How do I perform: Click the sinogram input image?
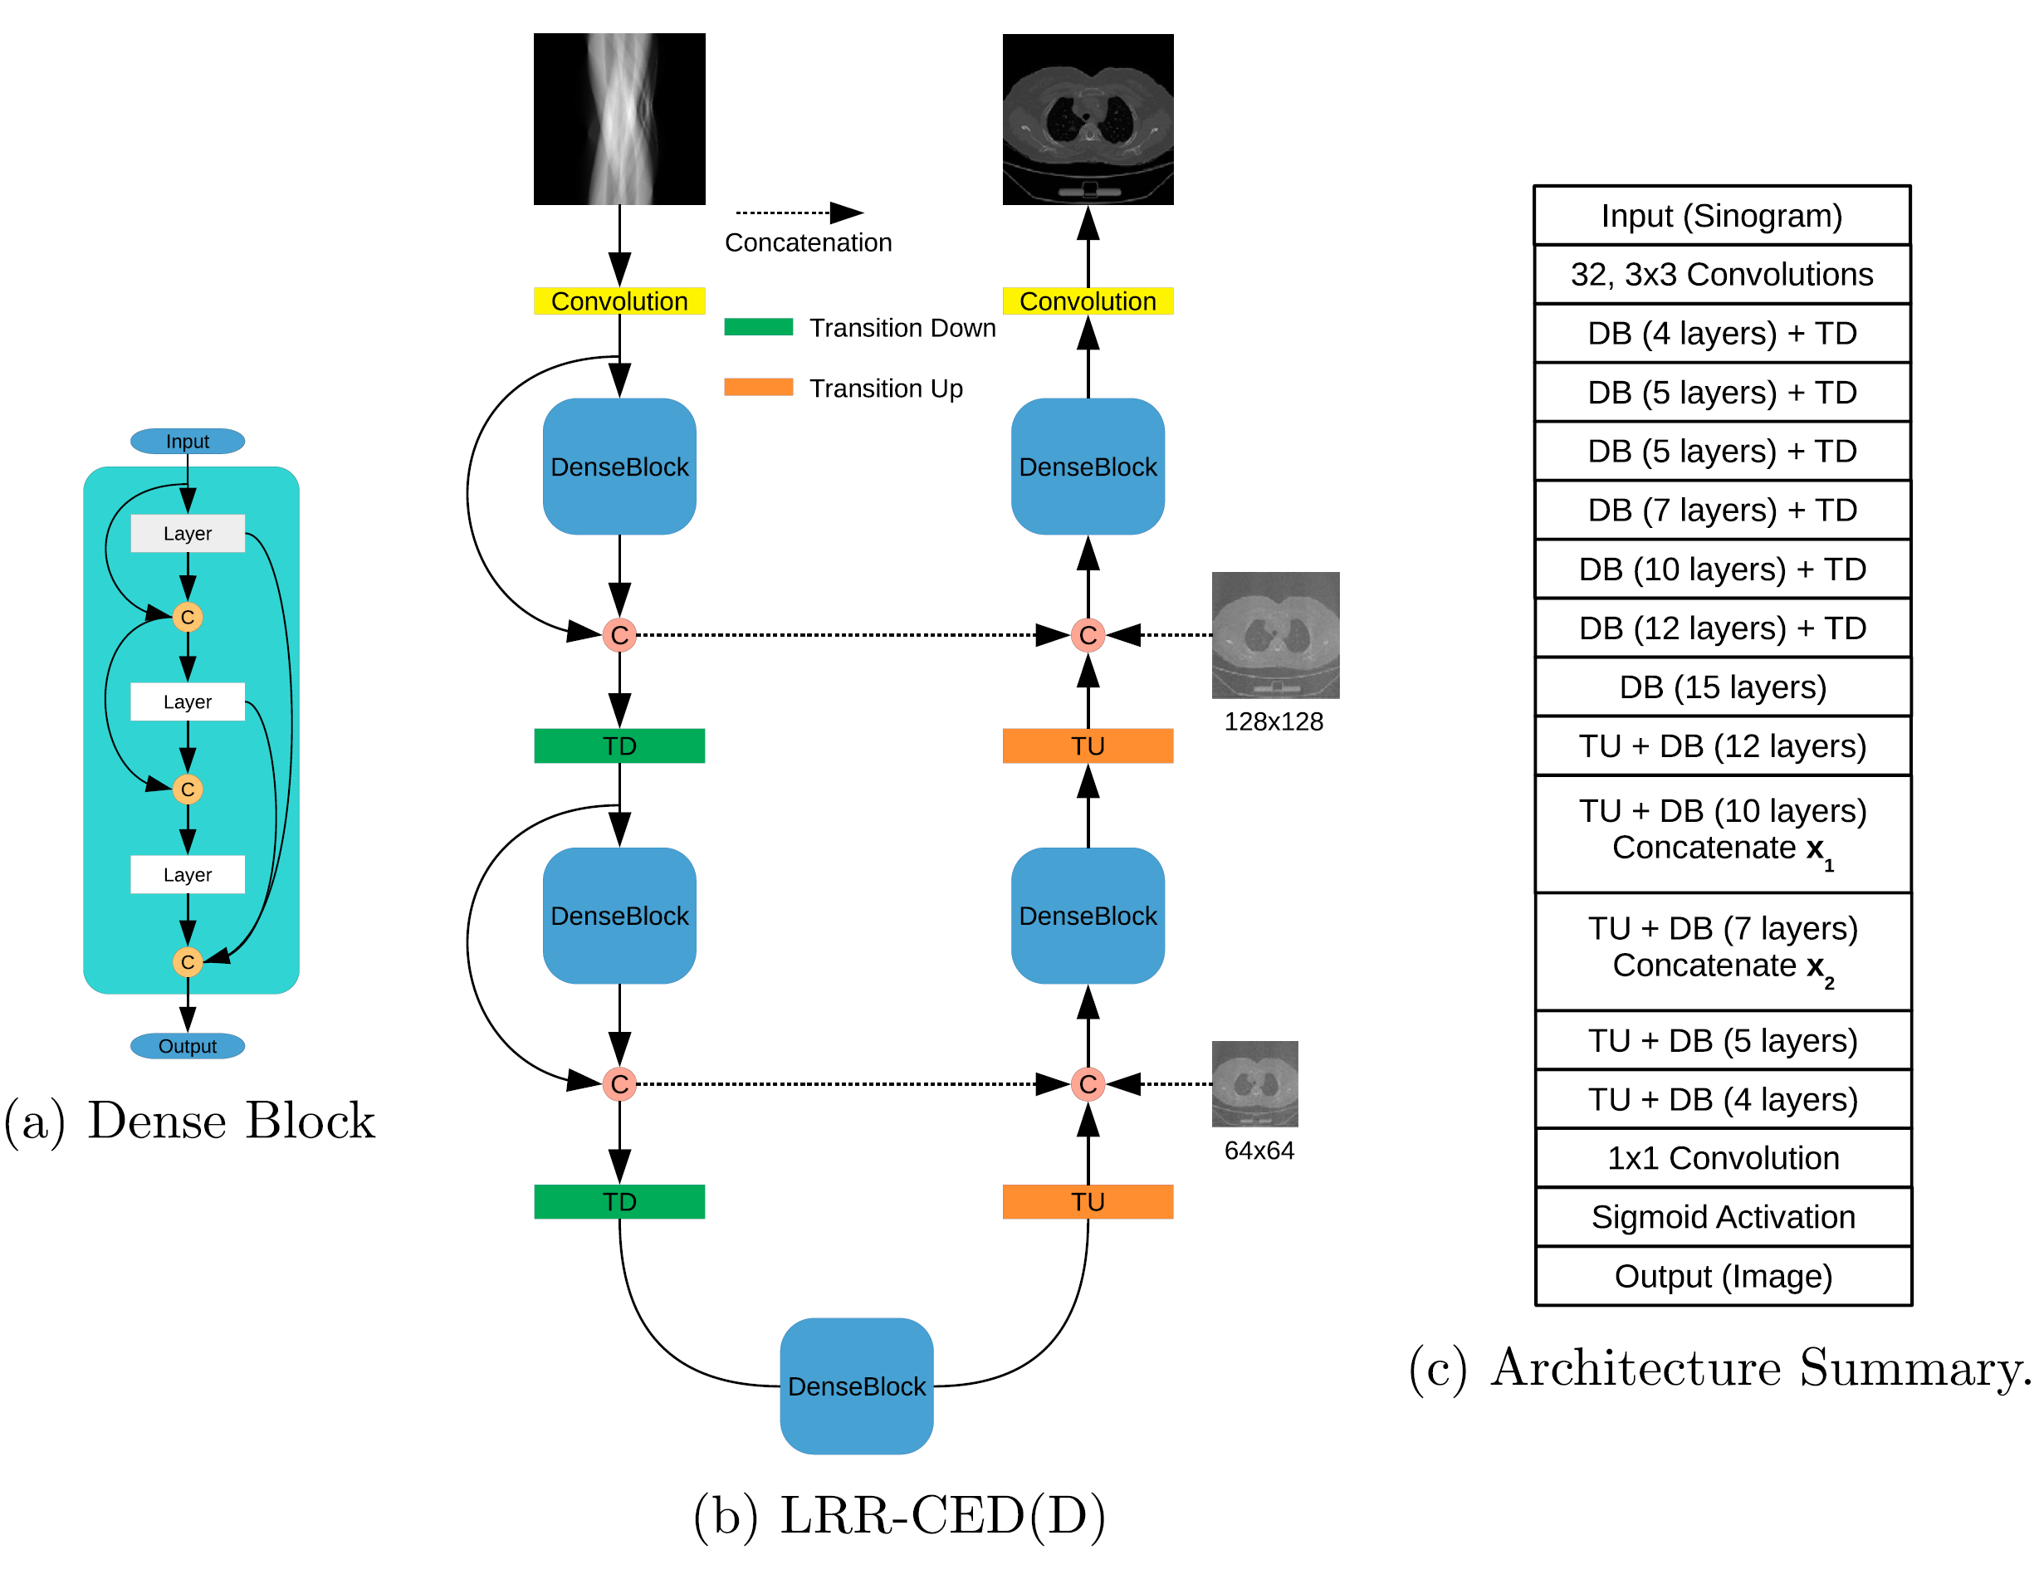point(619,119)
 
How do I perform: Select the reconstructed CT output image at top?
point(1088,119)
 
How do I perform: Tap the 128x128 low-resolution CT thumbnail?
point(1275,635)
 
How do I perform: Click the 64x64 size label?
point(1259,1150)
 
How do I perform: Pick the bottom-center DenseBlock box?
point(856,1386)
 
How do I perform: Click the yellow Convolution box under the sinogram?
point(619,301)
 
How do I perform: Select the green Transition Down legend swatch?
point(758,327)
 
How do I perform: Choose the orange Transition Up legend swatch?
point(758,387)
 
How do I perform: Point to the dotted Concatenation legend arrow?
point(798,213)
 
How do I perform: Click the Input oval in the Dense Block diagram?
point(188,441)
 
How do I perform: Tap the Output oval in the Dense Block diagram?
point(188,1046)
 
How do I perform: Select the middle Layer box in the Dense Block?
point(188,701)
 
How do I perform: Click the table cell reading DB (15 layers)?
point(1723,687)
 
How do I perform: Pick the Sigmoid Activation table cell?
point(1723,1216)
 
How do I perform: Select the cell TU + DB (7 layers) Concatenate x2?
point(1723,951)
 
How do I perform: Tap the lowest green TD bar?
point(619,1201)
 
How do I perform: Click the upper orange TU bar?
point(1088,746)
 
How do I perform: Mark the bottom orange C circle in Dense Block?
point(188,961)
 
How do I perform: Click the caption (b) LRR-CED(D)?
point(899,1514)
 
